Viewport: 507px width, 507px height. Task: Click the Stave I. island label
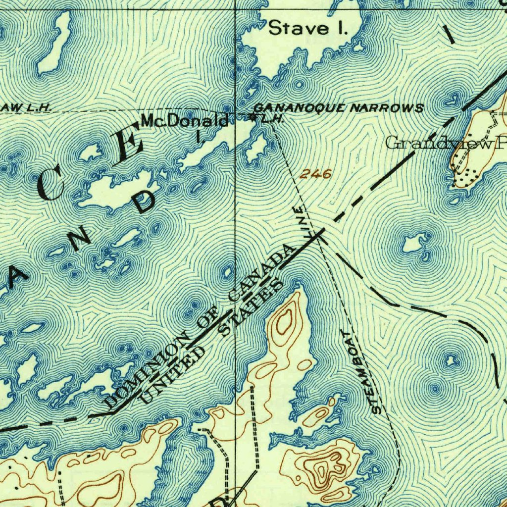pos(308,28)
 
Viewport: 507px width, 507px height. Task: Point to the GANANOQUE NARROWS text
pos(338,108)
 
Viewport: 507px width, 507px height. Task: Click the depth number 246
pos(315,174)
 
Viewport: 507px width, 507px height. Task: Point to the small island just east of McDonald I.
pos(257,148)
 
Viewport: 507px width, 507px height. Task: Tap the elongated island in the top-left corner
pos(53,43)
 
